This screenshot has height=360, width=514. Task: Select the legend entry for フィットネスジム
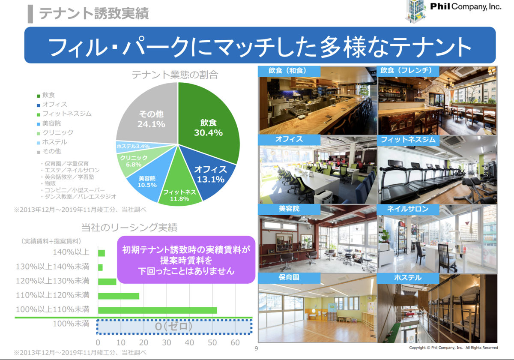(x=64, y=114)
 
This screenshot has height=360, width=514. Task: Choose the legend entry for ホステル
(x=52, y=142)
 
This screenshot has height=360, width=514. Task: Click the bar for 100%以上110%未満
(x=158, y=310)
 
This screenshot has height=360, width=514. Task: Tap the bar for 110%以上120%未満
(x=118, y=296)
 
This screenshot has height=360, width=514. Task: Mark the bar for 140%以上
(x=102, y=253)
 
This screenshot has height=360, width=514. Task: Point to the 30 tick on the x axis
(x=167, y=342)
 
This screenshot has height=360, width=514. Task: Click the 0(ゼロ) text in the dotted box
(x=174, y=326)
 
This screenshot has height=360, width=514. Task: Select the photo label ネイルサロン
(x=408, y=209)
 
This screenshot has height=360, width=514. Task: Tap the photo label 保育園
(x=289, y=277)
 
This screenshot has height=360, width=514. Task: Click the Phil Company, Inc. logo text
(x=466, y=7)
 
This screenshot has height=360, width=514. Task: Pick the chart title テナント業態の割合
(x=175, y=75)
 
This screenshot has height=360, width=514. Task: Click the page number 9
(x=256, y=348)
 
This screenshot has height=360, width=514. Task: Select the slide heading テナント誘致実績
(x=94, y=13)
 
